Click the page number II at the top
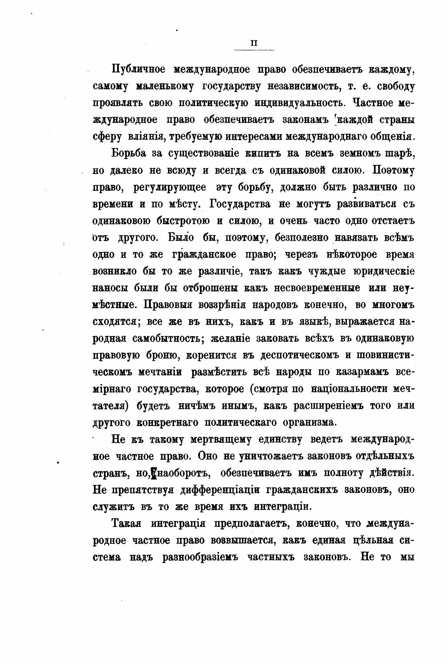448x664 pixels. (x=253, y=44)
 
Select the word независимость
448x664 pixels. (x=297, y=86)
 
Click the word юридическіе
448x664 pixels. (x=384, y=271)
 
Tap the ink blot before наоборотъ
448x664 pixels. (x=154, y=473)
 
